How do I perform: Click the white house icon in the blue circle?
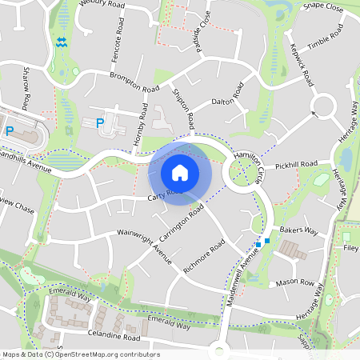coord(179,172)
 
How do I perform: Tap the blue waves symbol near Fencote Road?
coord(62,42)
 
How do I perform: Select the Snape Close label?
coord(323,6)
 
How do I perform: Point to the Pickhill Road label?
coord(296,165)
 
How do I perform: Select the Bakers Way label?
coord(299,231)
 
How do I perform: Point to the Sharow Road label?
coord(26,89)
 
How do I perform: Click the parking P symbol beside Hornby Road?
coord(100,123)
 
